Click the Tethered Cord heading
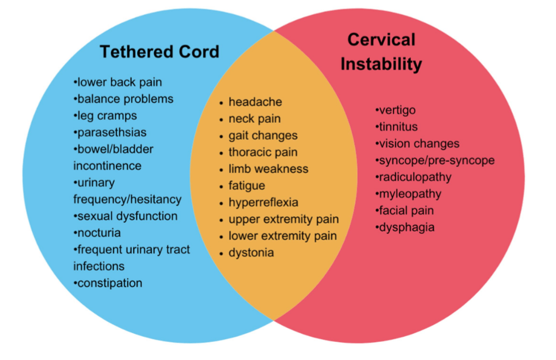[159, 52]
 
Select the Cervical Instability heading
[381, 52]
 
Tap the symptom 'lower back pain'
[118, 82]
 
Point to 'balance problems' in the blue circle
[123, 99]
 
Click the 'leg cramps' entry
[105, 116]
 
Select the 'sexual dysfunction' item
[126, 216]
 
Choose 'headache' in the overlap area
[255, 102]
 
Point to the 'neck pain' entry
[254, 119]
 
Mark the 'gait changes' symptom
[263, 136]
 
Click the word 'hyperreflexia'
[263, 202]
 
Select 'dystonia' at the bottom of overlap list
[251, 253]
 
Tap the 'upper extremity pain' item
[283, 219]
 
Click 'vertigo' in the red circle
[396, 110]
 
